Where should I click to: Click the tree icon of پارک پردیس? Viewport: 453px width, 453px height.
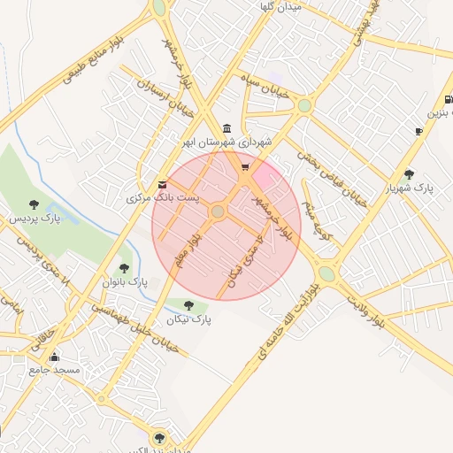pyautogui.click(x=34, y=204)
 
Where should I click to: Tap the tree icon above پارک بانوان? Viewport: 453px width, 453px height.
pyautogui.click(x=124, y=268)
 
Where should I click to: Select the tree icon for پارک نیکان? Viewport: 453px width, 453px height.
pyautogui.click(x=188, y=306)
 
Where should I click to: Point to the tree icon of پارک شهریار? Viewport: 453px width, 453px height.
pyautogui.click(x=408, y=174)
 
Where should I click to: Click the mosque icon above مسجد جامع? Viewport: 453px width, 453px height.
pyautogui.click(x=54, y=357)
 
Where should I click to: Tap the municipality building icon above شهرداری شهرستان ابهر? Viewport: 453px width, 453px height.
pyautogui.click(x=228, y=128)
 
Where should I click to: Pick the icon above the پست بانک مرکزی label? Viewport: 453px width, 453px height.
pyautogui.click(x=161, y=183)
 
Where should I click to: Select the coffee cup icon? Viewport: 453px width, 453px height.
pyautogui.click(x=418, y=131)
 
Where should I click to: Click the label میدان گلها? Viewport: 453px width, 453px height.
pyautogui.click(x=280, y=6)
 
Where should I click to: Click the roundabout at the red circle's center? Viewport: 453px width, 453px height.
pyautogui.click(x=218, y=211)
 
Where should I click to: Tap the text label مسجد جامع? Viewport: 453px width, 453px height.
pyautogui.click(x=54, y=370)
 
